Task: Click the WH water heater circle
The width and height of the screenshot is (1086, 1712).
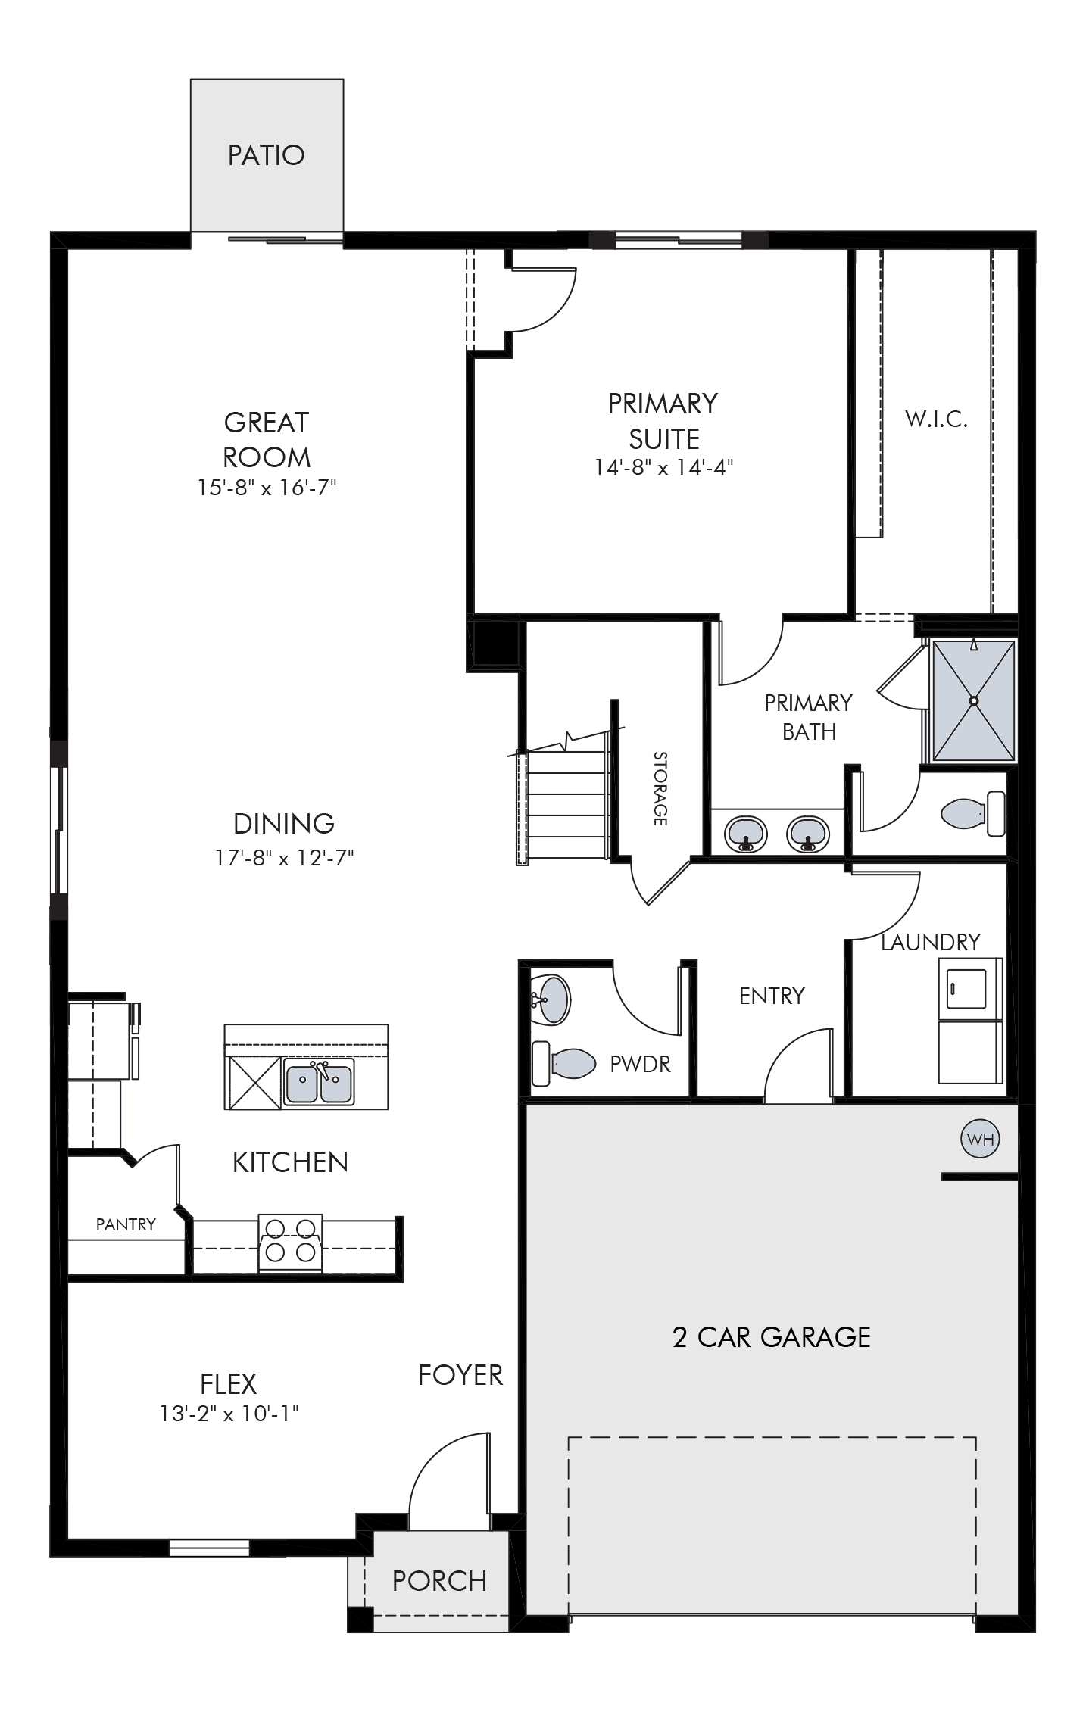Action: pos(980,1140)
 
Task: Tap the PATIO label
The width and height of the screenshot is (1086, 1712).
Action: pos(267,155)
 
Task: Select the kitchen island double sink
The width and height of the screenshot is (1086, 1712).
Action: pos(319,1082)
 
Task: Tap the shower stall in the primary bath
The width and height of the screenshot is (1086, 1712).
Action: pos(973,700)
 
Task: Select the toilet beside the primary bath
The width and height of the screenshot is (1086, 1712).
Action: pos(973,813)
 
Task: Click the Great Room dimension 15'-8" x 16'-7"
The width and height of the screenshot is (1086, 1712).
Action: pos(267,488)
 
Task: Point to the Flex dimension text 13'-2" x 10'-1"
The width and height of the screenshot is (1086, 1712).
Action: pos(229,1413)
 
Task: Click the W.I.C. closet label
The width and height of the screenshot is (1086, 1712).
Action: pos(936,419)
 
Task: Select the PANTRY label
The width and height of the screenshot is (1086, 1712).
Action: pos(126,1224)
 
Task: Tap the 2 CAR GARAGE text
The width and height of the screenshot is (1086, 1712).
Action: pos(771,1337)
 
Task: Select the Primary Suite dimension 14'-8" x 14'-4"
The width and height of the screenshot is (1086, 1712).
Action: pos(663,467)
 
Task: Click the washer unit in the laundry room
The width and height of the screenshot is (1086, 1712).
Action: pos(970,988)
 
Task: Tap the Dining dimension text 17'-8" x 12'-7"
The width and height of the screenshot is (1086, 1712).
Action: pos(285,858)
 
